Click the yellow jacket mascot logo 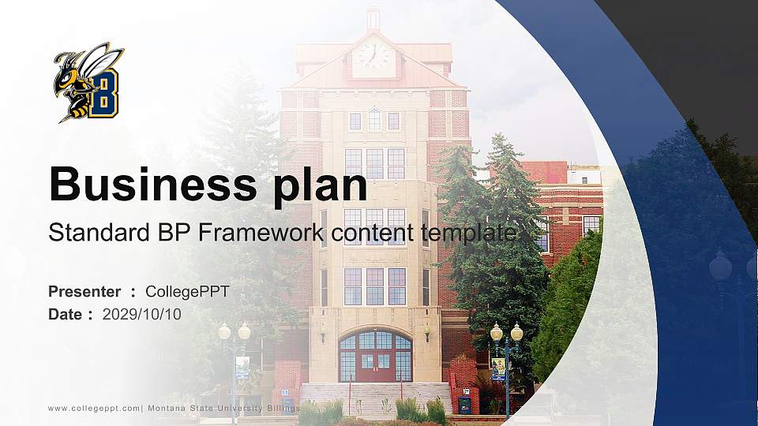pyautogui.click(x=88, y=82)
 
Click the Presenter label pyautogui.click(x=84, y=292)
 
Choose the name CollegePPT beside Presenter pyautogui.click(x=187, y=292)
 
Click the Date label pyautogui.click(x=66, y=314)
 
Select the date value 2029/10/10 pyautogui.click(x=142, y=314)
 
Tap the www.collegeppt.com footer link pyautogui.click(x=94, y=408)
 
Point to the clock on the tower pyautogui.click(x=373, y=55)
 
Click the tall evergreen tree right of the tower pyautogui.click(x=493, y=237)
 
